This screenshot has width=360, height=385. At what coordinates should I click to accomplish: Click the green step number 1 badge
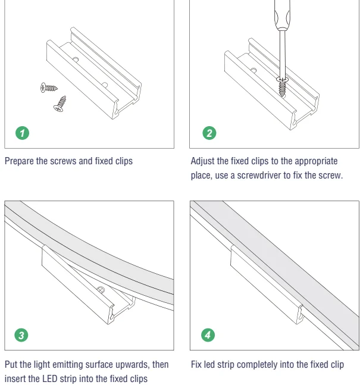23,133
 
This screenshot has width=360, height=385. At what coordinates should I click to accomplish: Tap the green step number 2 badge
209,133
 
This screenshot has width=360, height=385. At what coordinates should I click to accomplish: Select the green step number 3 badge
21,335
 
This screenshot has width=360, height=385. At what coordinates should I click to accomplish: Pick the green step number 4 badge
208,335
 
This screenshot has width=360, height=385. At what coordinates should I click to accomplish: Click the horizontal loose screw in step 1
49,87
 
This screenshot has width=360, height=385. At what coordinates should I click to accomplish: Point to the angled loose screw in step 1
61,104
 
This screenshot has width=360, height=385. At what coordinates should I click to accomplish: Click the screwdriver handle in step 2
282,14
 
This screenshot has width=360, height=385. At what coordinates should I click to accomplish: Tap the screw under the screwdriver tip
283,87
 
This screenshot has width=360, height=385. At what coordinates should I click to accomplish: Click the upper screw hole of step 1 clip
75,60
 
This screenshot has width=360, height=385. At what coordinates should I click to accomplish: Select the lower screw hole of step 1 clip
105,85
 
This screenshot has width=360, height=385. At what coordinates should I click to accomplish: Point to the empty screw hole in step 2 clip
253,71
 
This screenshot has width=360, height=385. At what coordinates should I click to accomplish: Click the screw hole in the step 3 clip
101,289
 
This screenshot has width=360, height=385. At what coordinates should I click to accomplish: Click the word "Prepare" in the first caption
19,161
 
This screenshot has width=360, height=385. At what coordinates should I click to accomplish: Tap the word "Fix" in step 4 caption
196,364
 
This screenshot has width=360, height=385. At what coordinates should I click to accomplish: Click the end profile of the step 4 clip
300,315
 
